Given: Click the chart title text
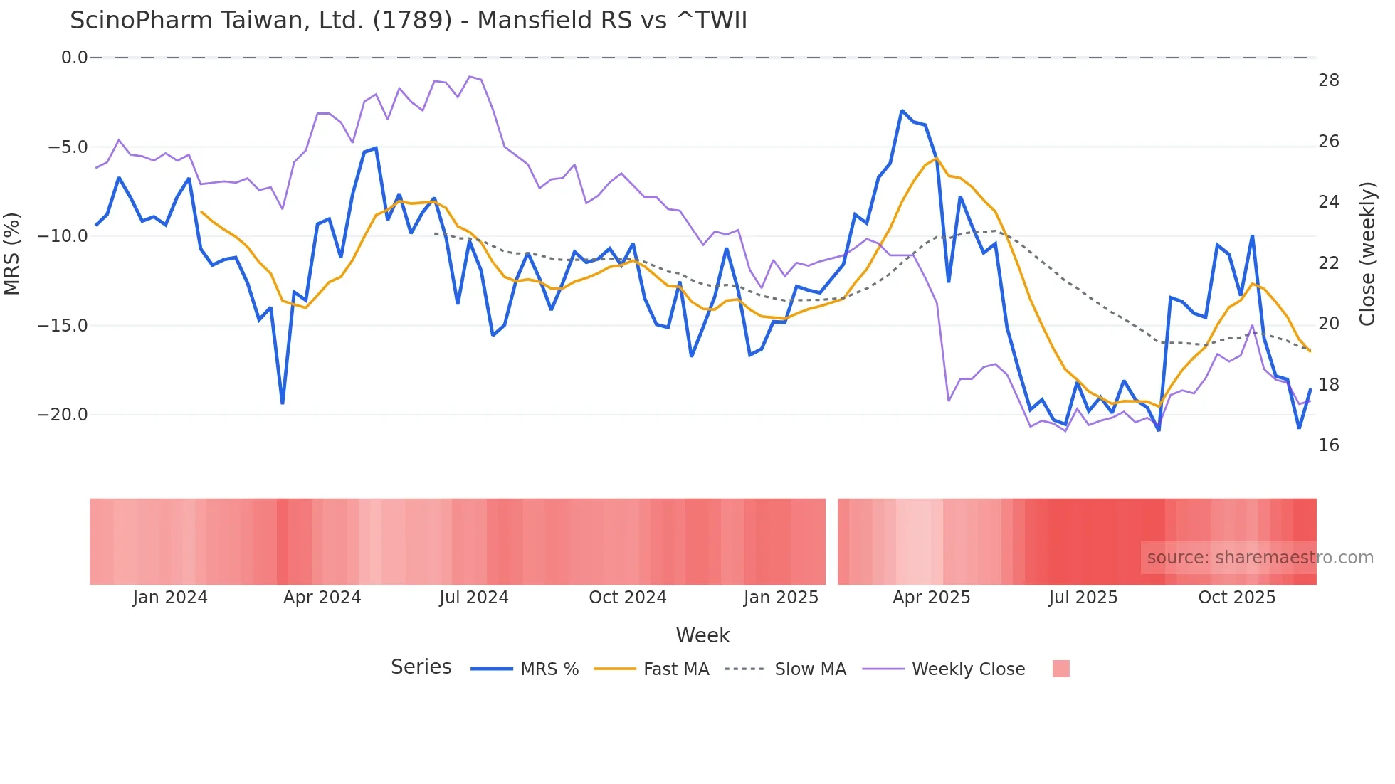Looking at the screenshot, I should click(409, 21).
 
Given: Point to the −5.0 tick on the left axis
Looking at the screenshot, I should click(68, 147).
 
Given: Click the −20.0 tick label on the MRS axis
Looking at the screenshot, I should click(63, 415).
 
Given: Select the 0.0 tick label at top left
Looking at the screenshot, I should click(74, 58).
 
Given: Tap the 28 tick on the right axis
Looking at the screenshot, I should click(1328, 80).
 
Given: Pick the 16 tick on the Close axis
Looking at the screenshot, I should click(1328, 445).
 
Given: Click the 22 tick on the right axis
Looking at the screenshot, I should click(1328, 263).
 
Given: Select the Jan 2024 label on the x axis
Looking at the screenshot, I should click(170, 598).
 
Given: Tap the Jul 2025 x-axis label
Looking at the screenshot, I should click(1083, 598).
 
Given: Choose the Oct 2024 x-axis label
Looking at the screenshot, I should click(627, 598).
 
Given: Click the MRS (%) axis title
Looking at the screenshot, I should click(12, 253).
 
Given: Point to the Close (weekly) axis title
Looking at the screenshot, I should click(1367, 253).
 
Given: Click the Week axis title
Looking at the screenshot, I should click(702, 635).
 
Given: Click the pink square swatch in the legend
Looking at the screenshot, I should click(1060, 669).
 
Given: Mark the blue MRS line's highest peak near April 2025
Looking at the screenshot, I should click(902, 111).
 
